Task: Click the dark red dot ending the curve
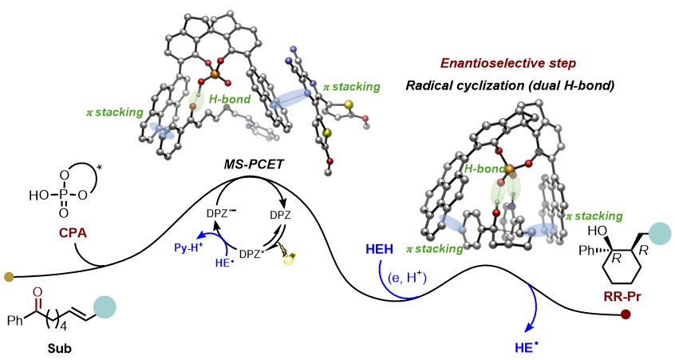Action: (x=628, y=316)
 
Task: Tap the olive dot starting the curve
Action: (x=9, y=277)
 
